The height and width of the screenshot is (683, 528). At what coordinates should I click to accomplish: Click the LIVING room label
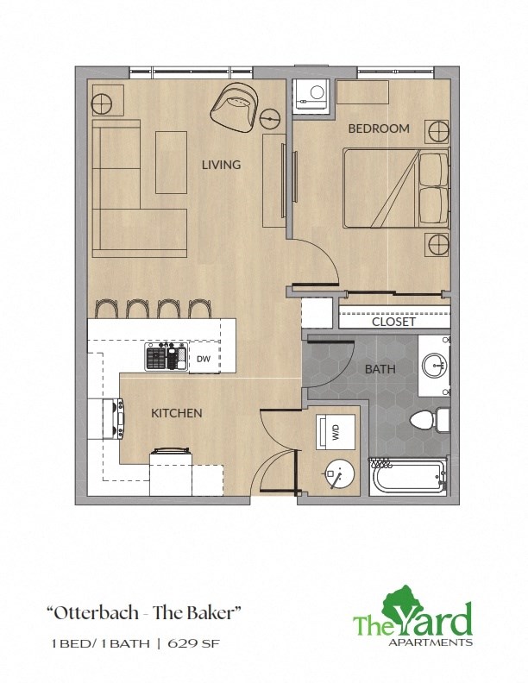tap(221, 165)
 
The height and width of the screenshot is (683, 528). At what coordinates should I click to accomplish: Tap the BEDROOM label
tap(378, 128)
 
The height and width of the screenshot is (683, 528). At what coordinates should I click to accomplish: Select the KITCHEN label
tap(177, 413)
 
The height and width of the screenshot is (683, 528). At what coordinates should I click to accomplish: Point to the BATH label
tap(380, 369)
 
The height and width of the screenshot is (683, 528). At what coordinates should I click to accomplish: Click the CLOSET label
tap(393, 322)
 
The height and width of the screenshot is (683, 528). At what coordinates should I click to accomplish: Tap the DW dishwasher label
tap(204, 358)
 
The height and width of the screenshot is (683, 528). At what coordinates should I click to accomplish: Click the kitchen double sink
tap(167, 356)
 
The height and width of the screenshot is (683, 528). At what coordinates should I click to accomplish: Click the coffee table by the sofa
tap(171, 161)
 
